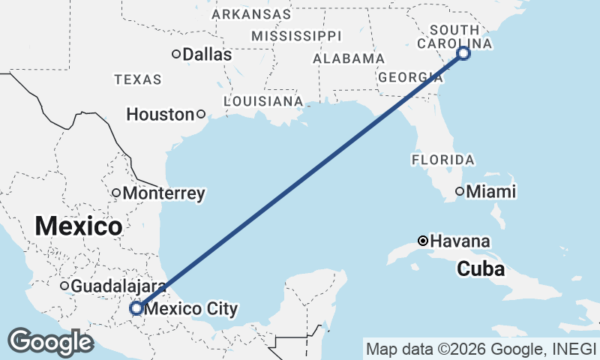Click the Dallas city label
(x=207, y=54)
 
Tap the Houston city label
(x=160, y=115)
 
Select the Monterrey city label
(x=163, y=193)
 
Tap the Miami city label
(x=491, y=192)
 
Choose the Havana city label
(x=461, y=241)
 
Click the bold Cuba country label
(x=481, y=268)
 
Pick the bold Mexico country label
(x=78, y=226)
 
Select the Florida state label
(x=442, y=160)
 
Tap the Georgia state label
(x=409, y=77)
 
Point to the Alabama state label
(x=349, y=58)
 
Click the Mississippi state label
(x=295, y=36)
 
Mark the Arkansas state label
(x=251, y=14)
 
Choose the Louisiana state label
(x=263, y=100)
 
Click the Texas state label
(x=137, y=79)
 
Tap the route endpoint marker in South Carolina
(x=463, y=52)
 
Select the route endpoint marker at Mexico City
(x=136, y=307)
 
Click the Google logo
(x=50, y=342)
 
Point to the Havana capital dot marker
(x=424, y=241)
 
